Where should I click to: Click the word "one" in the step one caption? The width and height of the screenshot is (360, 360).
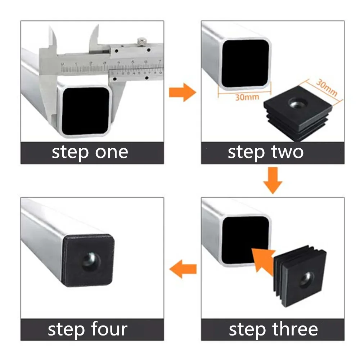111,152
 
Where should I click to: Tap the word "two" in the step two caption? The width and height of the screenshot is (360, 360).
287,152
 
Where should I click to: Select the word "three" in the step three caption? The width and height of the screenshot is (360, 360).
295,329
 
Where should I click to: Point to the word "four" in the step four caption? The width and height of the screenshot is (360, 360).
109,329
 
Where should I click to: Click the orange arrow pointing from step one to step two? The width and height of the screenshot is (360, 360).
183,92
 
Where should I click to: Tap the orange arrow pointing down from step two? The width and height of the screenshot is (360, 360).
273,180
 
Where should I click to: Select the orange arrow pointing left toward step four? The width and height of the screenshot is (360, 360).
183,269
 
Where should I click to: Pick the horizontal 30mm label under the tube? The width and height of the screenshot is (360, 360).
247,97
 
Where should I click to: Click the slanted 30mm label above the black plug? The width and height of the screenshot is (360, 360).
327,88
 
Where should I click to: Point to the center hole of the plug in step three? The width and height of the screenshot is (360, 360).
306,280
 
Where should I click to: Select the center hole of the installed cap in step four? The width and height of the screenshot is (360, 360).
91,261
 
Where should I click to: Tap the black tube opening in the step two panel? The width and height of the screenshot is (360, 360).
245,63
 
